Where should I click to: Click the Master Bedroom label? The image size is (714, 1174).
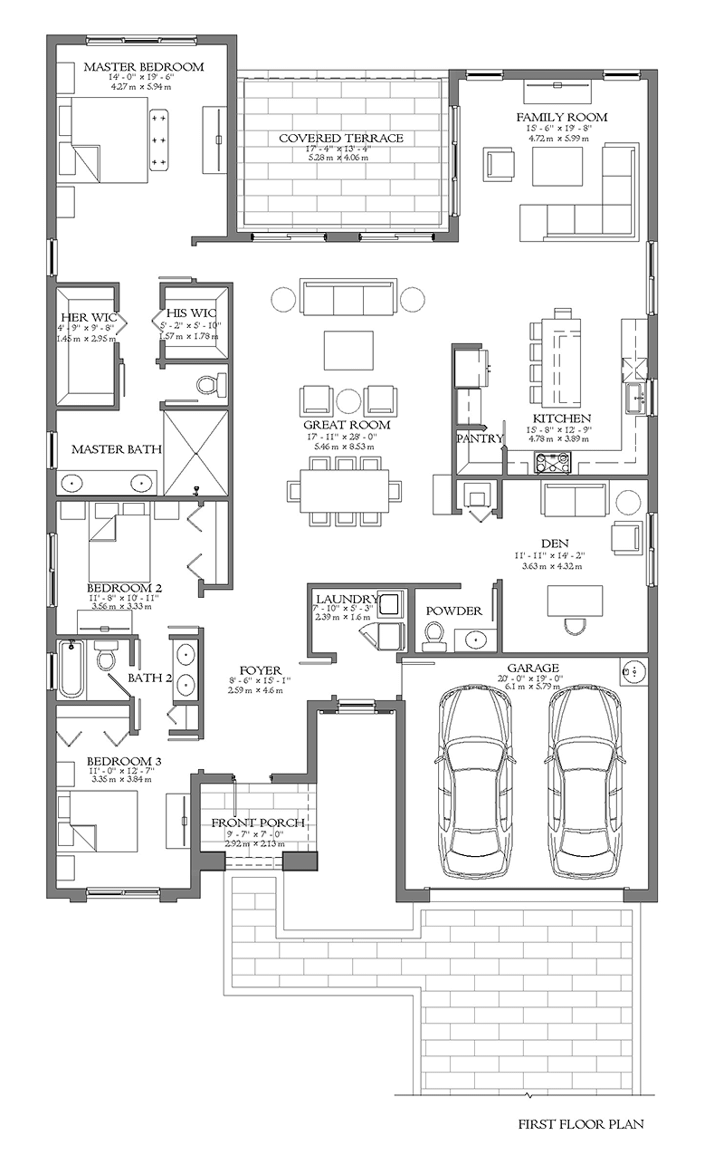pos(144,67)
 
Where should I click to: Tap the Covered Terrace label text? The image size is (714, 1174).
pos(341,138)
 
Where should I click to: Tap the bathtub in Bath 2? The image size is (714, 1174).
pos(71,669)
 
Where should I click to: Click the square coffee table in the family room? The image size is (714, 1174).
pos(557,167)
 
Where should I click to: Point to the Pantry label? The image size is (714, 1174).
pos(479,438)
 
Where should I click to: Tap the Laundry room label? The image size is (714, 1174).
pos(347,599)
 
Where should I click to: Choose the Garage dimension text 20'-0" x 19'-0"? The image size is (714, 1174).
pos(533,678)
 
